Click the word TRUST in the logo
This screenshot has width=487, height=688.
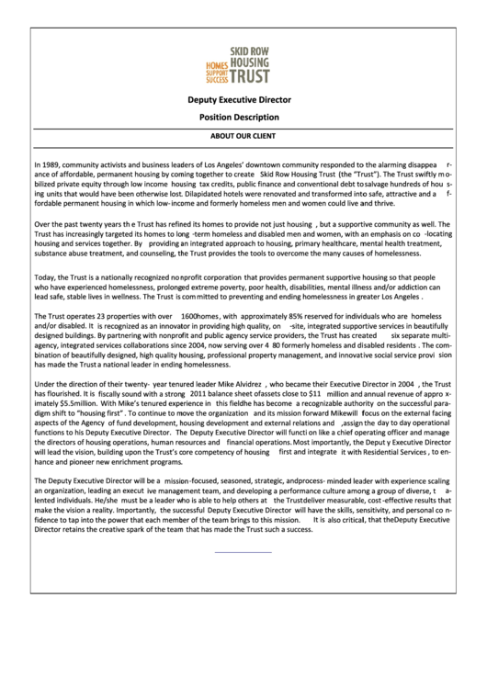tap(249, 77)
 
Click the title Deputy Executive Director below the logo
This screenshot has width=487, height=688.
tap(239, 99)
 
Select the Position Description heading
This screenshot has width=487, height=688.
tap(239, 118)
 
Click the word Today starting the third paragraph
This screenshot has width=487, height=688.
tap(46, 277)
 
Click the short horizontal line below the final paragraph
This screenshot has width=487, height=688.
tap(243, 551)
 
